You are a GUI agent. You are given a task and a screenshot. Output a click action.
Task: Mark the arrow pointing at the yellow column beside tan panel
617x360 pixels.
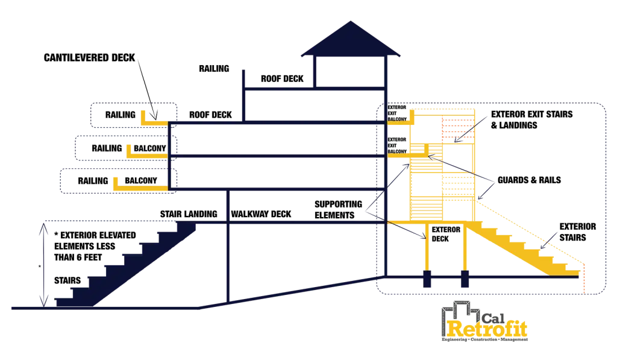click(407, 230)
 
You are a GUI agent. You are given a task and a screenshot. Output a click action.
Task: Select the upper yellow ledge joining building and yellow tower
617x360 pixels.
click(398, 122)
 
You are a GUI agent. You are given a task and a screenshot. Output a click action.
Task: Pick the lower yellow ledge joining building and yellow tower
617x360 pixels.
click(398, 156)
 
